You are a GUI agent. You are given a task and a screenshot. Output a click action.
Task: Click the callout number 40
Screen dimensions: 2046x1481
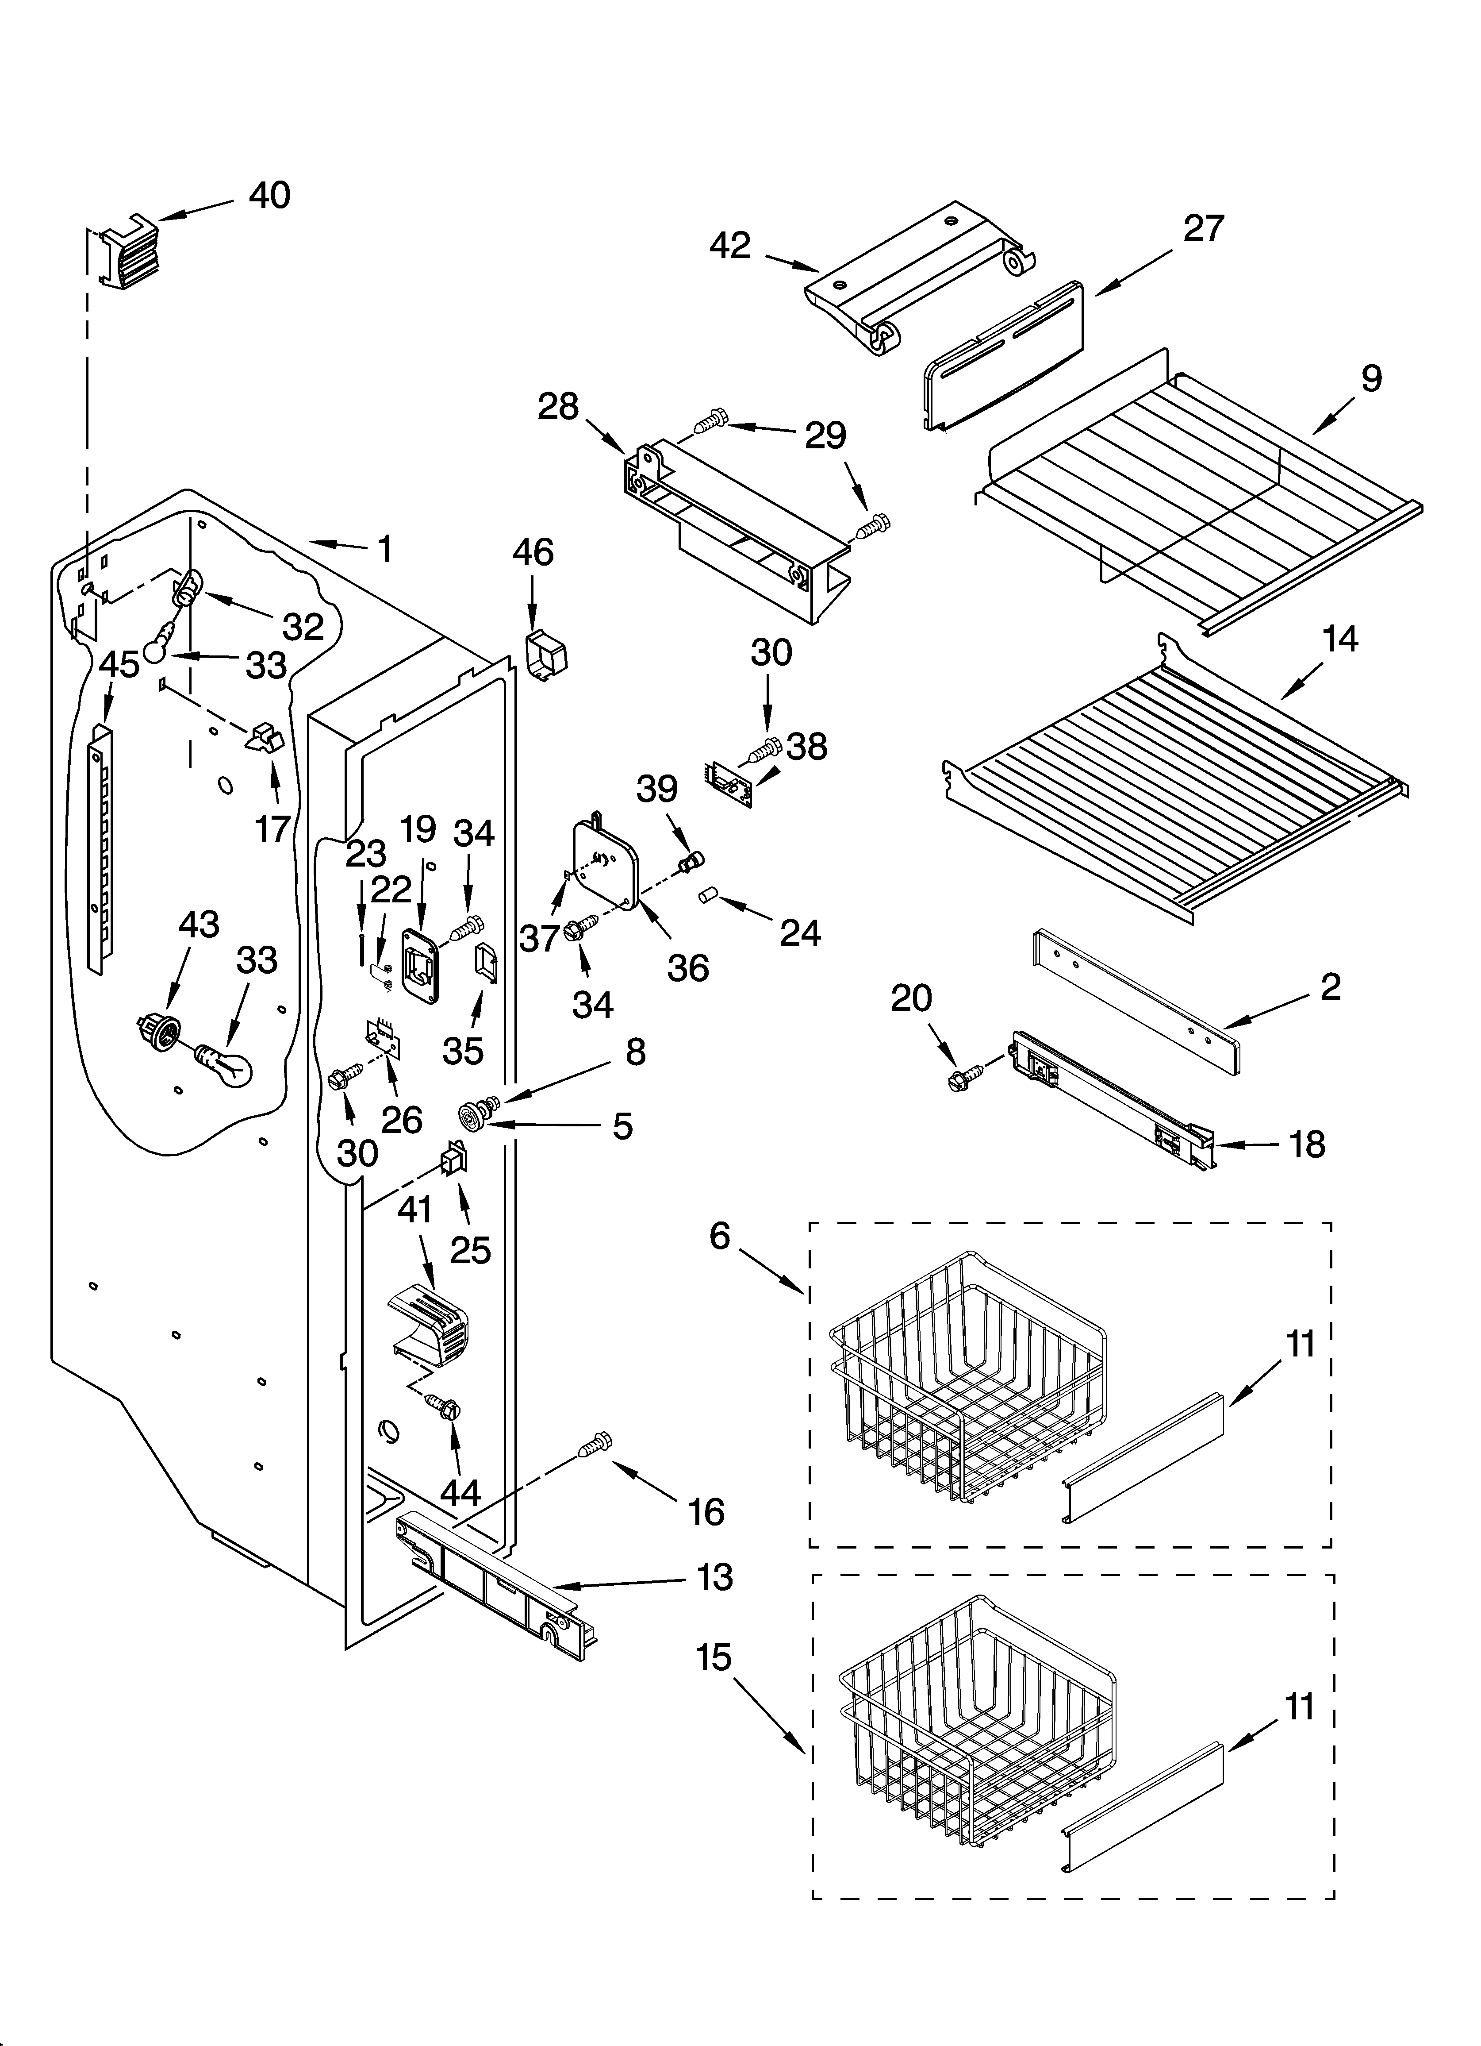pyautogui.click(x=269, y=196)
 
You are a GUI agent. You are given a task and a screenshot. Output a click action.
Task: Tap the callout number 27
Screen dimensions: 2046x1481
pyautogui.click(x=1203, y=229)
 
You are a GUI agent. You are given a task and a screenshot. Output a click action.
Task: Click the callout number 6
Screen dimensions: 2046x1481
pyautogui.click(x=719, y=1235)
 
